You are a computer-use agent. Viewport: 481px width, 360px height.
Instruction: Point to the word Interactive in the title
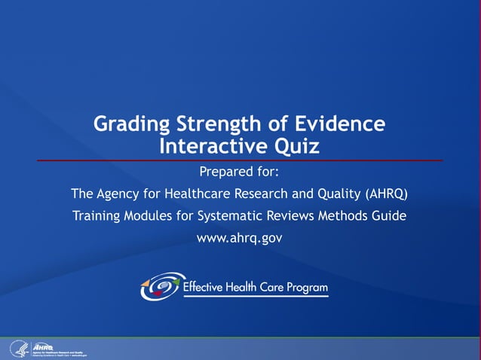[x=208, y=145]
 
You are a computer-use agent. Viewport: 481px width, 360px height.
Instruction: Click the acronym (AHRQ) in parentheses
[x=386, y=194]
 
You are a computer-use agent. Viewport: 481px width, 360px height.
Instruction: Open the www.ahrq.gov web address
[x=239, y=239]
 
